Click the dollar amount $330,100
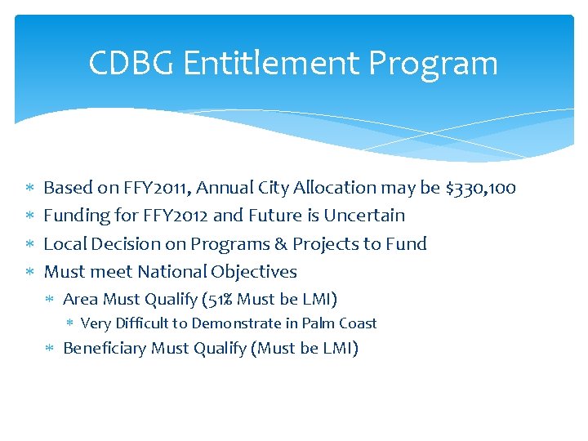[481, 188]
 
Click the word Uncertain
[364, 216]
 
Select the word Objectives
[255, 271]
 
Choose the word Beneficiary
[105, 349]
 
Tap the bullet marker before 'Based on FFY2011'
[29, 189]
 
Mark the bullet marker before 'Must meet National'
[29, 272]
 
